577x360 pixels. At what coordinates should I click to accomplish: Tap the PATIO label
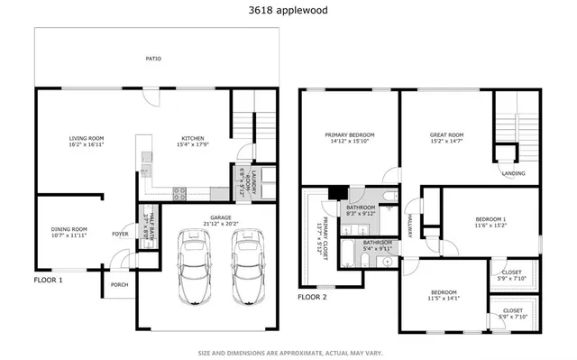[154, 59]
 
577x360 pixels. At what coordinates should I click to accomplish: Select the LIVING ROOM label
[87, 138]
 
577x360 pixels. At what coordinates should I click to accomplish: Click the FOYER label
[119, 234]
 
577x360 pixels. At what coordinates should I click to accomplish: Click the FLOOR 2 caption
[312, 296]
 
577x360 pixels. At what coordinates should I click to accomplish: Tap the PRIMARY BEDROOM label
[350, 134]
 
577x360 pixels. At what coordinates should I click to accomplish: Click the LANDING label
[513, 173]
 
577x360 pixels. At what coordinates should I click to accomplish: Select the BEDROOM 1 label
[490, 218]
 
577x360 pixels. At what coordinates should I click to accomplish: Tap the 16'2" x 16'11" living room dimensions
[87, 144]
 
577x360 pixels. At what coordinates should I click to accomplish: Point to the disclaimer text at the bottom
[288, 352]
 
